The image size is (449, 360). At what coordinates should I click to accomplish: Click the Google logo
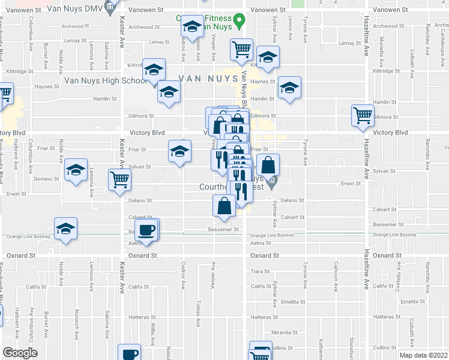point(20,352)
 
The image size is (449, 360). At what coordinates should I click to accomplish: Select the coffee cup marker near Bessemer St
point(146,229)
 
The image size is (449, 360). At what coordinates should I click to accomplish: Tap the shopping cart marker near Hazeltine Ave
point(363,115)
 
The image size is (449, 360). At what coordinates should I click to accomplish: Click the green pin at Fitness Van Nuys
point(239,22)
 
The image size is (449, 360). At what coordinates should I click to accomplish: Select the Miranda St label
point(285,332)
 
